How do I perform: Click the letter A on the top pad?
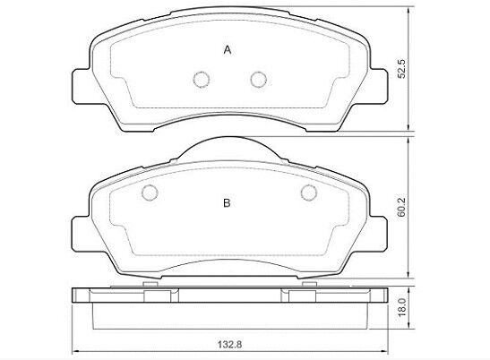pyautogui.click(x=228, y=49)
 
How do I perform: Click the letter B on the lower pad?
pyautogui.click(x=227, y=202)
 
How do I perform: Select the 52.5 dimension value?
pyautogui.click(x=401, y=68)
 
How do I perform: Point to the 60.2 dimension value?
pyautogui.click(x=401, y=207)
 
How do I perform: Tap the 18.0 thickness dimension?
pyautogui.click(x=402, y=307)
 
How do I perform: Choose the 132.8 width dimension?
pyautogui.click(x=229, y=345)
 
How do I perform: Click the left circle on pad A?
pyautogui.click(x=202, y=80)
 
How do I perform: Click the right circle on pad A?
pyautogui.click(x=259, y=80)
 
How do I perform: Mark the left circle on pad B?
pyautogui.click(x=150, y=193)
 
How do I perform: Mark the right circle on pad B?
pyautogui.click(x=309, y=193)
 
